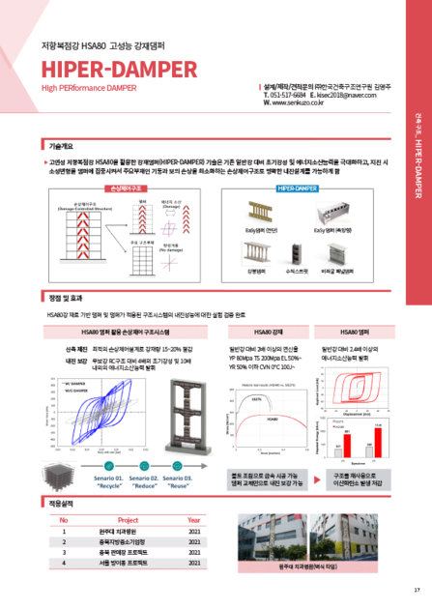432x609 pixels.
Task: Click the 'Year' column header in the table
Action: click(x=194, y=519)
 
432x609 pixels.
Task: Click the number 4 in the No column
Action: click(x=64, y=562)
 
